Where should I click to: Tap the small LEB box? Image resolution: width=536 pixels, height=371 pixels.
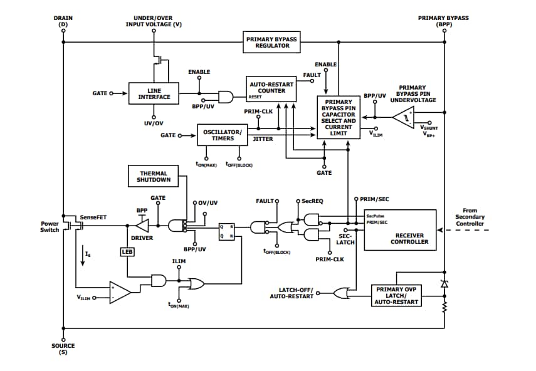[x=127, y=251]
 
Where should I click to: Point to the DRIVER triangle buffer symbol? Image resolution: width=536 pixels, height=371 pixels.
[x=143, y=225]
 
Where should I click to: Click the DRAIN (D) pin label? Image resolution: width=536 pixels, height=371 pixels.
[x=63, y=22]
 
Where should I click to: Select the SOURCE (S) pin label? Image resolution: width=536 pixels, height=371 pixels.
[x=63, y=349]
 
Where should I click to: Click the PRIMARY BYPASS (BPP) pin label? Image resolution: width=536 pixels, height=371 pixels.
[x=443, y=22]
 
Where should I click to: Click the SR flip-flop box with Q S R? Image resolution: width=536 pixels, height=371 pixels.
[x=226, y=231]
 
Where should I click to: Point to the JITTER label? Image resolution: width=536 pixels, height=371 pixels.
[x=263, y=139]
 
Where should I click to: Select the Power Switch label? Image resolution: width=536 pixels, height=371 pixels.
[x=50, y=226]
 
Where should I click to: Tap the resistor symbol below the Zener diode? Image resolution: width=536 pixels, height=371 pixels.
[x=444, y=307]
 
